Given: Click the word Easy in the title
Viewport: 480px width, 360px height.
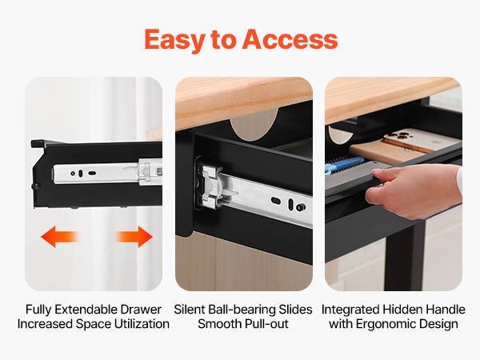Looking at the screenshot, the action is pos(174,40).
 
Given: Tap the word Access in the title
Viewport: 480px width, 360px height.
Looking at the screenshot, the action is pos(290,39).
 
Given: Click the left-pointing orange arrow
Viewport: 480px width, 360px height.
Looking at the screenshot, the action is pos(60,237).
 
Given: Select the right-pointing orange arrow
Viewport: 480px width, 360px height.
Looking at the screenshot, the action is pos(134,237).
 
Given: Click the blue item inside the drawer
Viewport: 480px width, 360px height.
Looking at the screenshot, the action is pos(344,164).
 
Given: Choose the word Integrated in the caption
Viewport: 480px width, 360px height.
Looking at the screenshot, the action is pos(350,310).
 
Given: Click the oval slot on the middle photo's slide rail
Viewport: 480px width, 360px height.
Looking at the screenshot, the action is pos(276,201).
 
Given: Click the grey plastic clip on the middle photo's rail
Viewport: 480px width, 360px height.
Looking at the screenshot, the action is pos(212,186).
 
